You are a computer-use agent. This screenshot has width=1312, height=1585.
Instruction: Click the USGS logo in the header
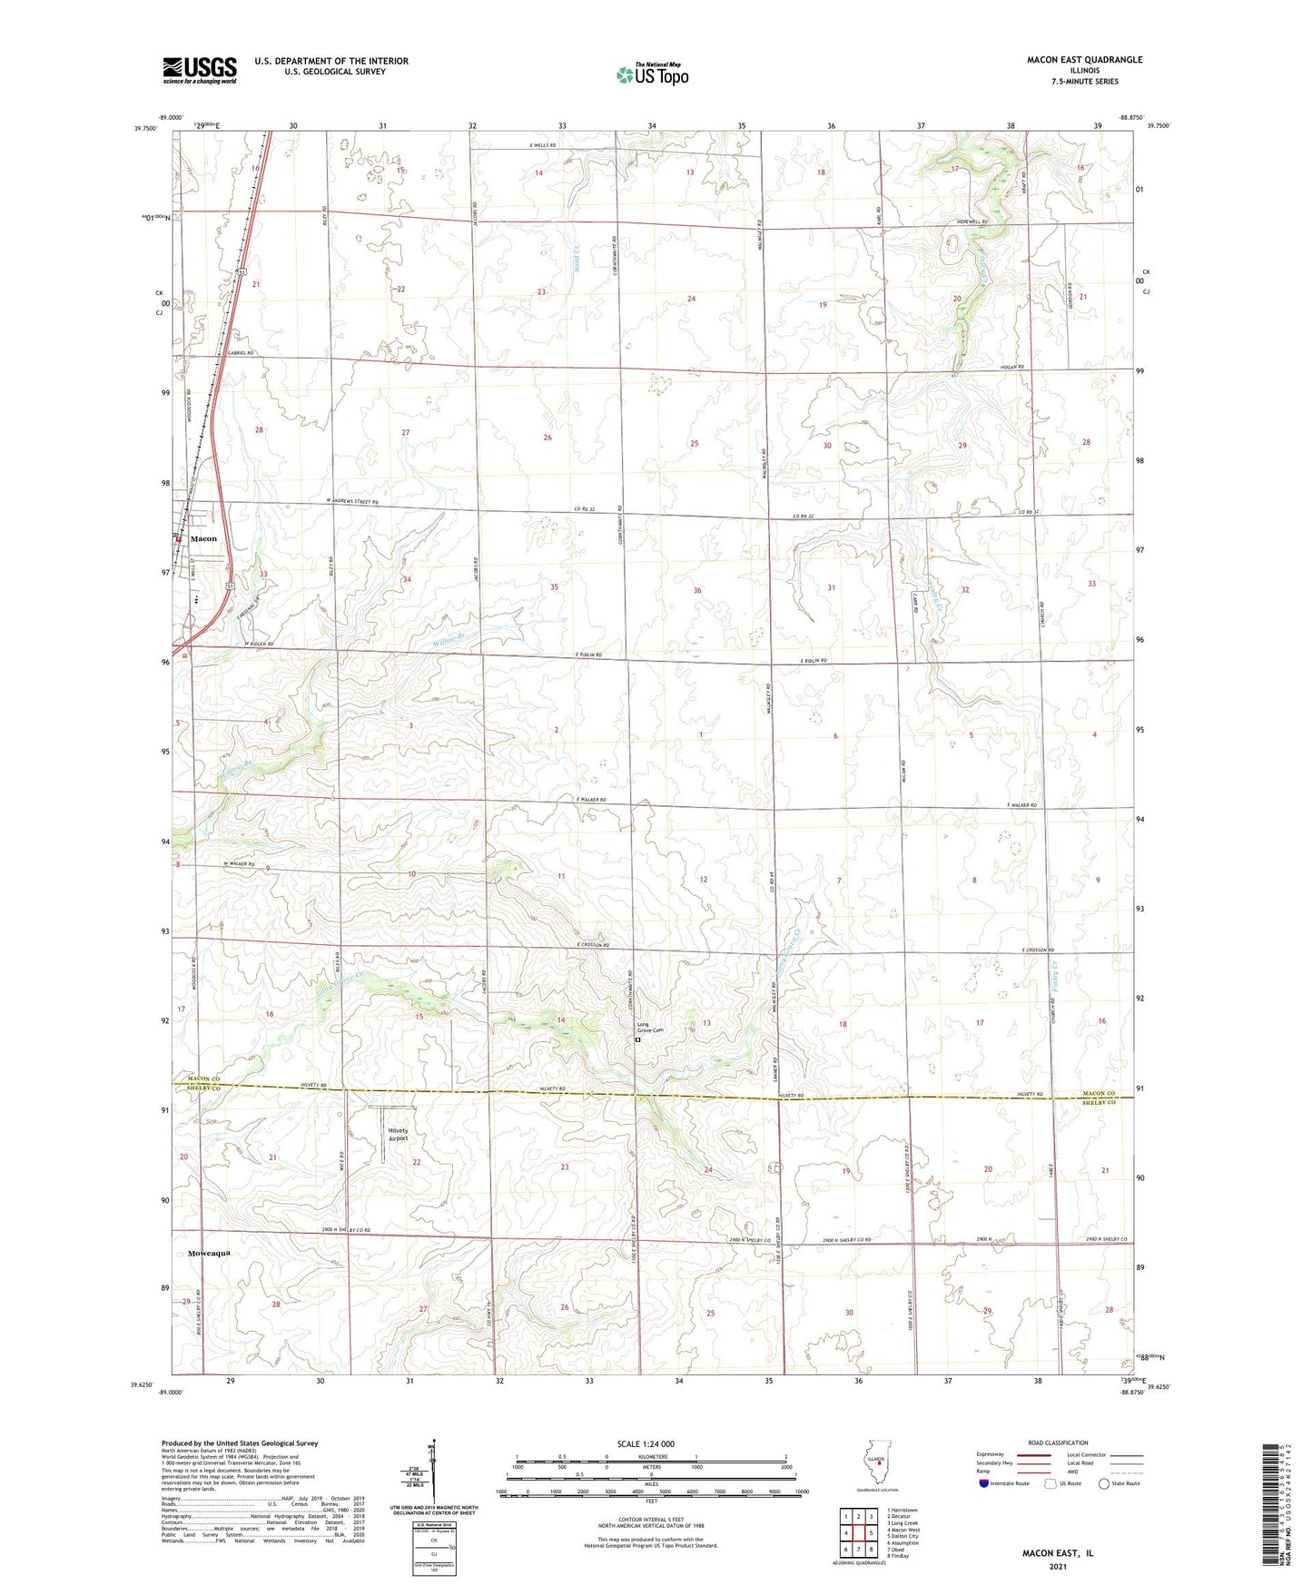pos(200,70)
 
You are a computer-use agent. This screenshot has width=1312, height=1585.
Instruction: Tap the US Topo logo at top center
pos(651,74)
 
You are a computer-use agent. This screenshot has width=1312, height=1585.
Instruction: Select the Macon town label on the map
pos(203,538)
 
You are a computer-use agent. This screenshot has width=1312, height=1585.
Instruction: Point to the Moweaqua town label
pos(210,1253)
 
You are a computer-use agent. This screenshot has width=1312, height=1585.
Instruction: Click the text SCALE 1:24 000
pos(646,1443)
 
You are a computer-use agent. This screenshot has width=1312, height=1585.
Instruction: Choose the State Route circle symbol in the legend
pos(1103,1483)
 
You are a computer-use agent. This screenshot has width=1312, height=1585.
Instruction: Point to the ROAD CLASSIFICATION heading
pos(1058,1442)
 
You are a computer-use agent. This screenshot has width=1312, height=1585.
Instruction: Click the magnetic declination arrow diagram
pos(433,1476)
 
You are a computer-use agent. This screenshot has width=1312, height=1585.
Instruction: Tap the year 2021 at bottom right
pos(1058,1566)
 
